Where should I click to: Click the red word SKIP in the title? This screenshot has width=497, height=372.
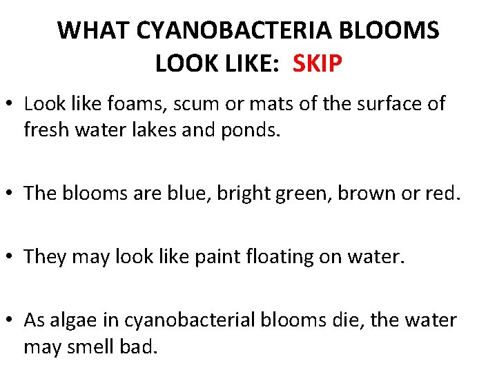318,64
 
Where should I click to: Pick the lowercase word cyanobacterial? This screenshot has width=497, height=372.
192,320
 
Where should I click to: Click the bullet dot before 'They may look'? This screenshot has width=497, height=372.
10,256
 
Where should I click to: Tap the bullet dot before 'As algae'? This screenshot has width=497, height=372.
10,320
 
